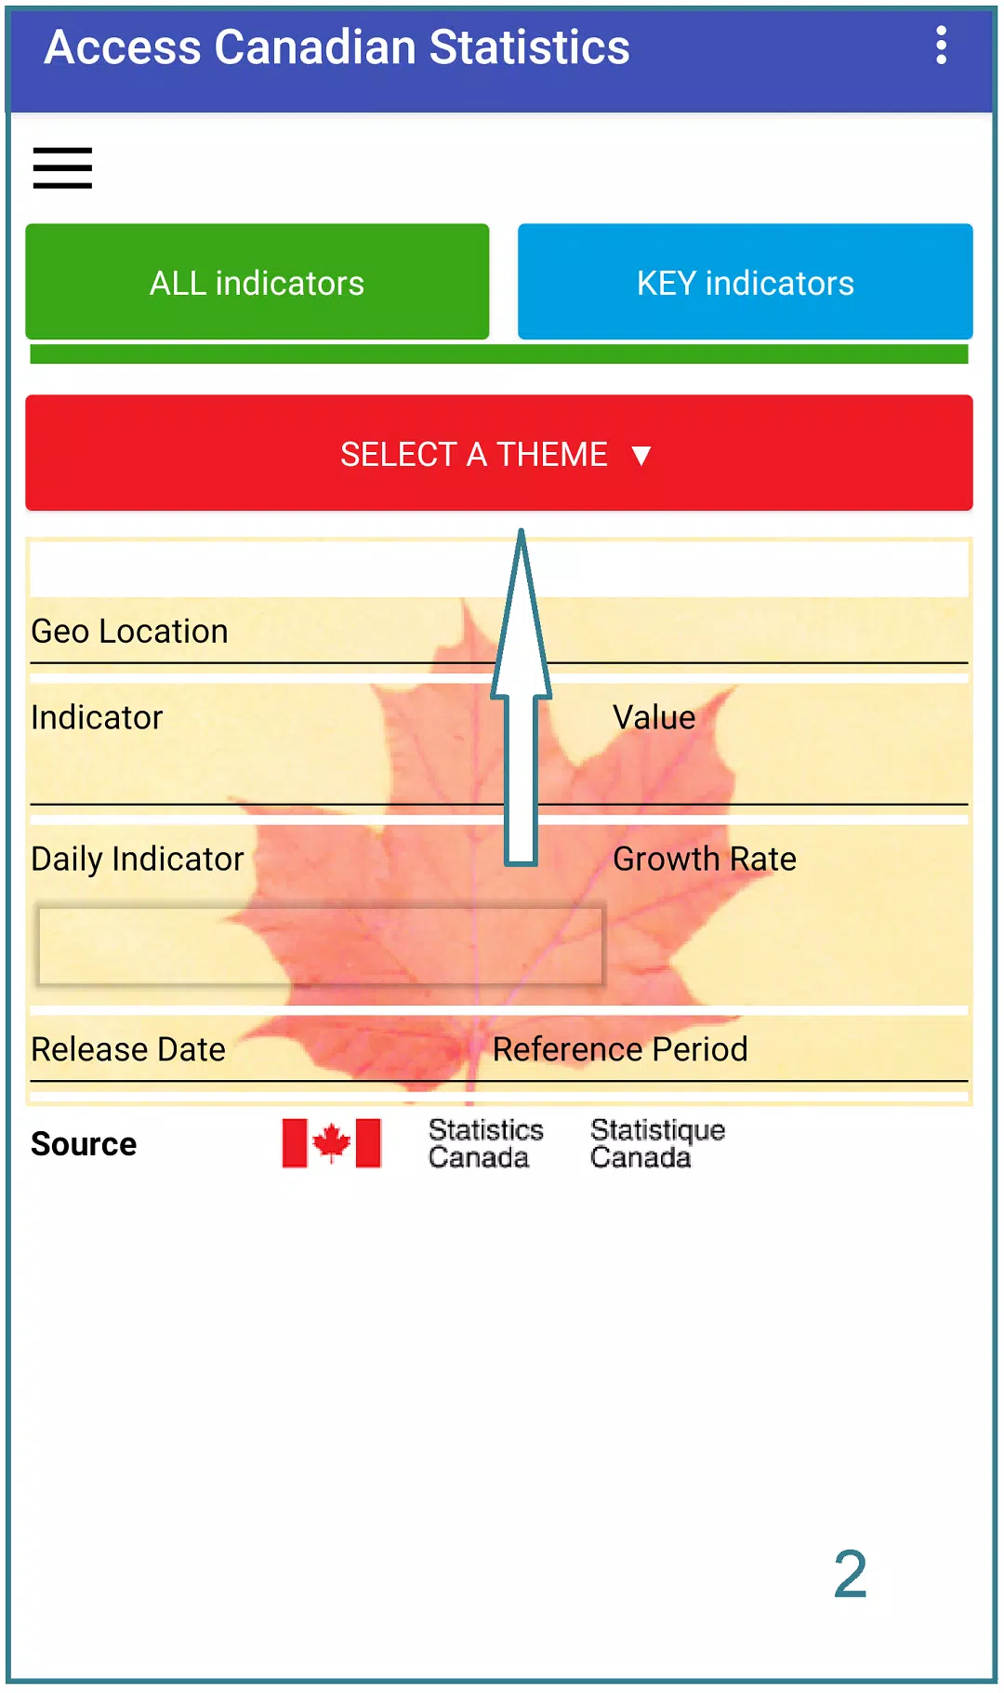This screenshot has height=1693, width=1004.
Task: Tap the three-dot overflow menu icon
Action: [941, 46]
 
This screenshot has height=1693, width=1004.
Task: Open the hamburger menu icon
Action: [62, 168]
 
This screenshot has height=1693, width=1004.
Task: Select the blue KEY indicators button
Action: [746, 282]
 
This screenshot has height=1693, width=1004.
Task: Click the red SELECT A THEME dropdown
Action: [499, 453]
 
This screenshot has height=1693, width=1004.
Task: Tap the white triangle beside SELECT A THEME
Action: [641, 455]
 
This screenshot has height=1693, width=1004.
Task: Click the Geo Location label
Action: [129, 632]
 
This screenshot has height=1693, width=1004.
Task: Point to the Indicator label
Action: [97, 718]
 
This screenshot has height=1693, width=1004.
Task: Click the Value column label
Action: [654, 718]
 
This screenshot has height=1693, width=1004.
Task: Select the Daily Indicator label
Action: [138, 860]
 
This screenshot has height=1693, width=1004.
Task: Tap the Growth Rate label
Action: [705, 860]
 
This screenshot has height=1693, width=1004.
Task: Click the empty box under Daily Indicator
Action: [321, 945]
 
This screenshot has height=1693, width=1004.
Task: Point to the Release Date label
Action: [128, 1049]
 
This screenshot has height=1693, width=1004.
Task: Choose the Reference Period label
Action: [620, 1049]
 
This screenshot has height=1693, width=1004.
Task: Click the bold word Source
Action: [84, 1144]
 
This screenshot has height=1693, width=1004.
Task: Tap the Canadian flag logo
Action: [332, 1143]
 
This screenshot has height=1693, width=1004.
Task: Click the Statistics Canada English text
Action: [485, 1144]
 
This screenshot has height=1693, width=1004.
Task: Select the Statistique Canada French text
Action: [657, 1144]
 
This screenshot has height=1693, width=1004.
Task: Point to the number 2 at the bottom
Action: [851, 1575]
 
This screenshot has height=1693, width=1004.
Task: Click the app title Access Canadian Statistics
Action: [337, 47]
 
